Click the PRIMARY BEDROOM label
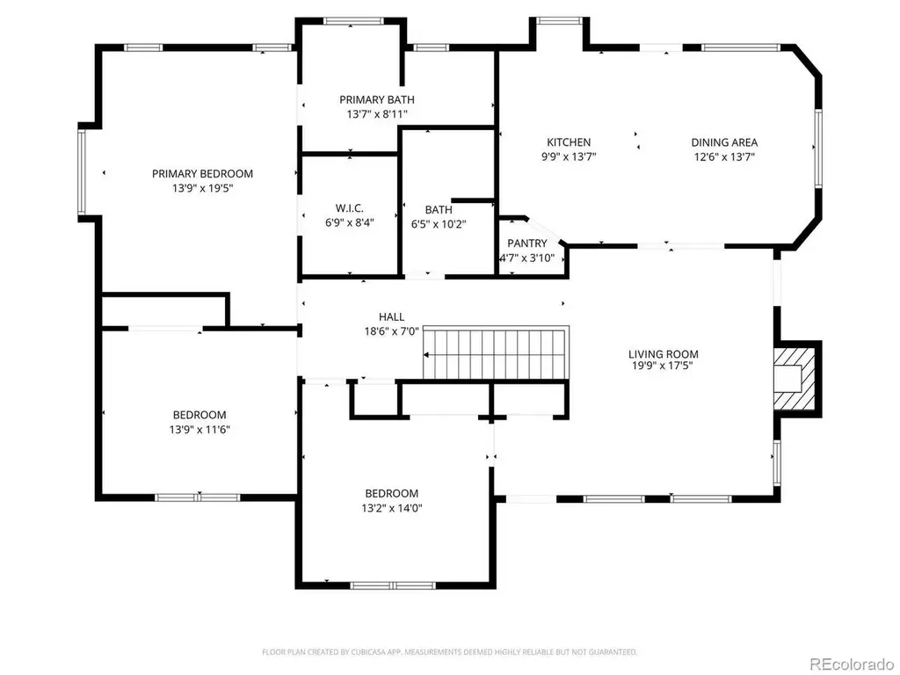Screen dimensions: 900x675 [202, 173]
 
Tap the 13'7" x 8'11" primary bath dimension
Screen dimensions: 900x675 [376, 114]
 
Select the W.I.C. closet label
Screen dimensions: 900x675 [350, 208]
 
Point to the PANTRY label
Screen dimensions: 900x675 [527, 243]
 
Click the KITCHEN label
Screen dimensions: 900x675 [569, 142]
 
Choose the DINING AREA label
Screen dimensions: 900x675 [724, 142]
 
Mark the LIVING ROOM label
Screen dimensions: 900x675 [663, 354]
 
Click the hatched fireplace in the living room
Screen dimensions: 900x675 [794, 378]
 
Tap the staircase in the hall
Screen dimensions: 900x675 [496, 353]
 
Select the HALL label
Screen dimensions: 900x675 [391, 316]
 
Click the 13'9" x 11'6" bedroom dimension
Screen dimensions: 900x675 [200, 429]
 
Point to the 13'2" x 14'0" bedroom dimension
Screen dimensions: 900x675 [392, 508]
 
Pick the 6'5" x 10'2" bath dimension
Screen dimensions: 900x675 [439, 224]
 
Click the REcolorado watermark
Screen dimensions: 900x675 [853, 664]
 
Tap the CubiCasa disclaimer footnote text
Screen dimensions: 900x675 [449, 652]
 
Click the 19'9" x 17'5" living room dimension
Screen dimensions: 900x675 [663, 366]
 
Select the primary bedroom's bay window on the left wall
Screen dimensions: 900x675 [82, 171]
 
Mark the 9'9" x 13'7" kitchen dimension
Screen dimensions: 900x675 [569, 156]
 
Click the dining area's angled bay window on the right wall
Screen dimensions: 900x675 [818, 148]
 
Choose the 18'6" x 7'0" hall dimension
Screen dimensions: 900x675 [391, 331]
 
